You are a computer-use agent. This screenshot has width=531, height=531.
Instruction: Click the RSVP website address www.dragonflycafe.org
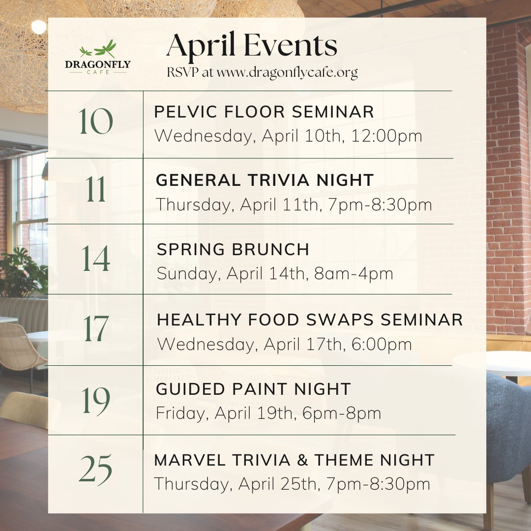(287, 73)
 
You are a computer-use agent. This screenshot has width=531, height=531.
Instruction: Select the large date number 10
(96, 121)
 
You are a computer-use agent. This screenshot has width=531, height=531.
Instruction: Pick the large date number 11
(96, 189)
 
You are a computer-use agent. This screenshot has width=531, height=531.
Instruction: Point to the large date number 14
(96, 259)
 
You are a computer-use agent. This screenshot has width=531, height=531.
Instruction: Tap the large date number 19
(96, 401)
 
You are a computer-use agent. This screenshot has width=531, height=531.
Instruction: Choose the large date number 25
(95, 470)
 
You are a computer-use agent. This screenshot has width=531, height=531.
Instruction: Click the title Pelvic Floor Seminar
(264, 112)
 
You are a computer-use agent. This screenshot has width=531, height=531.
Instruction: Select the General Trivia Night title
(265, 180)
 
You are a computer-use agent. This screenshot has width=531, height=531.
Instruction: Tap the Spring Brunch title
(233, 249)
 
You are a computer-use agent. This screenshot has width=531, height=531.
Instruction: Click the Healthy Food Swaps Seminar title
(310, 320)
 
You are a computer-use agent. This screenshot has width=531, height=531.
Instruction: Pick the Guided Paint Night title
(253, 389)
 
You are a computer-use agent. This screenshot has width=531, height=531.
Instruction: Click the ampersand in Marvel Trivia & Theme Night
(302, 460)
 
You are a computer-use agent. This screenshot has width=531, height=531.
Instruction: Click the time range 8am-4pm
(354, 274)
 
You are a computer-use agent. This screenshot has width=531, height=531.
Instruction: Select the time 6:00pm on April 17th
(382, 344)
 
